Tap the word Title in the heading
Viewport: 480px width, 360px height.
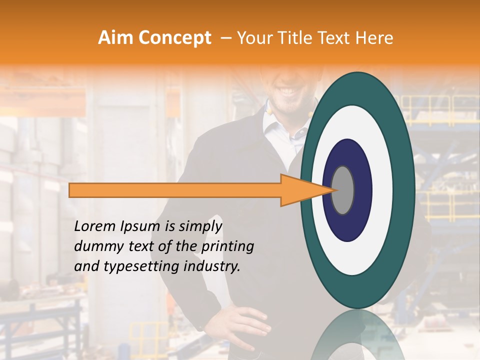coord(295,38)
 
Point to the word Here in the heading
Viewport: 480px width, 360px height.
coord(374,38)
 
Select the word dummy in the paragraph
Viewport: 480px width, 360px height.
coord(94,246)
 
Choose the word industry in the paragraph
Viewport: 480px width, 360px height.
coord(215,266)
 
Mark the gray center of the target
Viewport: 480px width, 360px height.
coord(343,190)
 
